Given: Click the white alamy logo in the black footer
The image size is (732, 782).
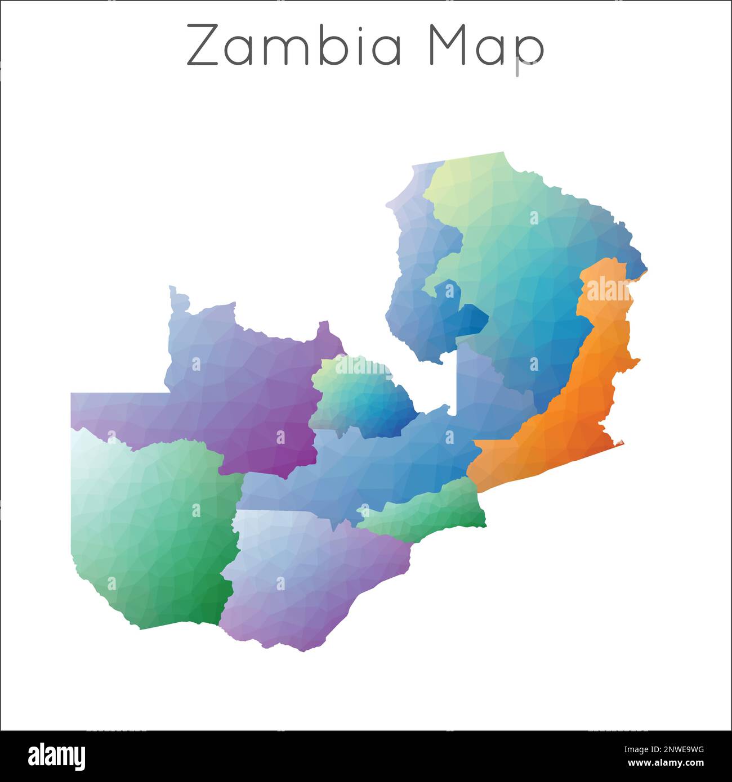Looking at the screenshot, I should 56,756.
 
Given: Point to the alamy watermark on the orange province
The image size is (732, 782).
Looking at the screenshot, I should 608,290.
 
